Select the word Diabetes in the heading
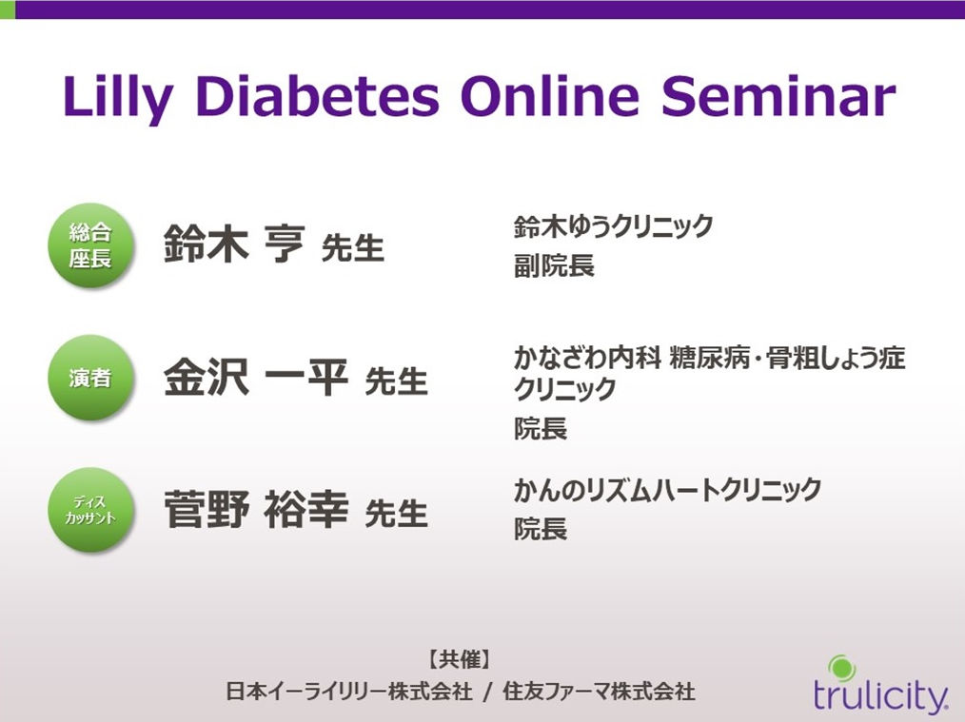[x=320, y=96]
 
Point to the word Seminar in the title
[x=778, y=96]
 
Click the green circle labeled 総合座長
[x=89, y=244]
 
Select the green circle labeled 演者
[x=89, y=377]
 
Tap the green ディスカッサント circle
[x=89, y=509]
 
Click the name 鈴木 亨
[x=234, y=244]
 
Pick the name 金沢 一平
[x=255, y=377]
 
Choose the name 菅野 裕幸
[x=255, y=509]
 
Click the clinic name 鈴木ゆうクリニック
[x=613, y=226]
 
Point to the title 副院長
[x=554, y=266]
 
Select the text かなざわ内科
[x=588, y=358]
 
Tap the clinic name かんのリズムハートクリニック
[x=668, y=490]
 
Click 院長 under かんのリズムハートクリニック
[x=541, y=529]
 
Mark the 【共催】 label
[x=461, y=660]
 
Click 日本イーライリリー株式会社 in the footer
[x=349, y=692]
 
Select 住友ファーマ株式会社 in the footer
[x=599, y=692]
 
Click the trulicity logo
[x=880, y=686]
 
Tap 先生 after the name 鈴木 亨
[x=353, y=248]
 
